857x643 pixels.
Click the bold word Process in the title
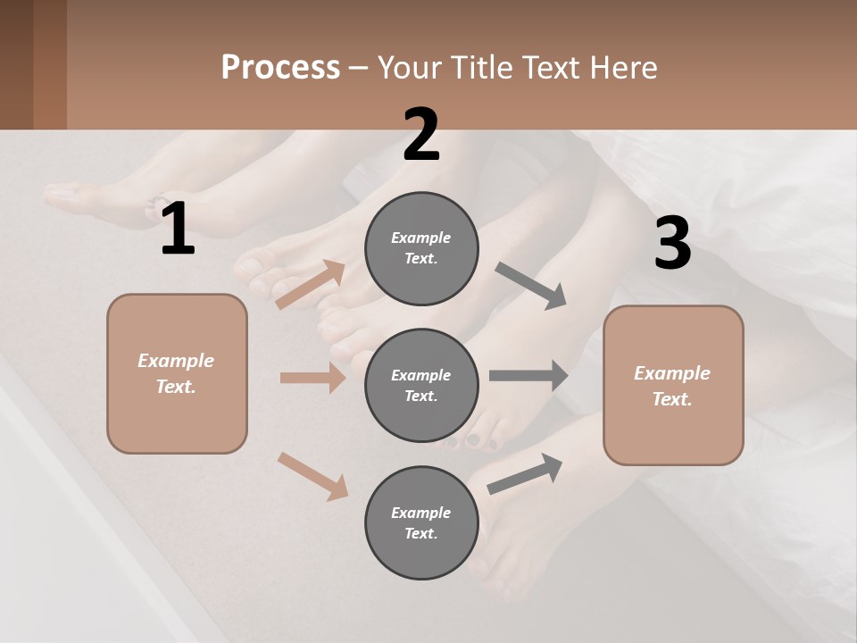coord(280,68)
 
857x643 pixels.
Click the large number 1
coord(178,230)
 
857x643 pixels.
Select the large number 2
coord(421,135)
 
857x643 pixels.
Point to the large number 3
coord(672,244)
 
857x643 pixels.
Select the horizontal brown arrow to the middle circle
coord(312,378)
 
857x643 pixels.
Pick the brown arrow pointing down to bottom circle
coord(312,476)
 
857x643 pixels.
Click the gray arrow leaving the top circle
coord(530,285)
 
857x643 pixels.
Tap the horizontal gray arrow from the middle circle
coord(528,375)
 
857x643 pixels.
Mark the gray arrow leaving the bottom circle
coord(525,473)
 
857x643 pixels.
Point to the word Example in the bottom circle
coord(421,513)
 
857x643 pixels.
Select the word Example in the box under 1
coord(176,361)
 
